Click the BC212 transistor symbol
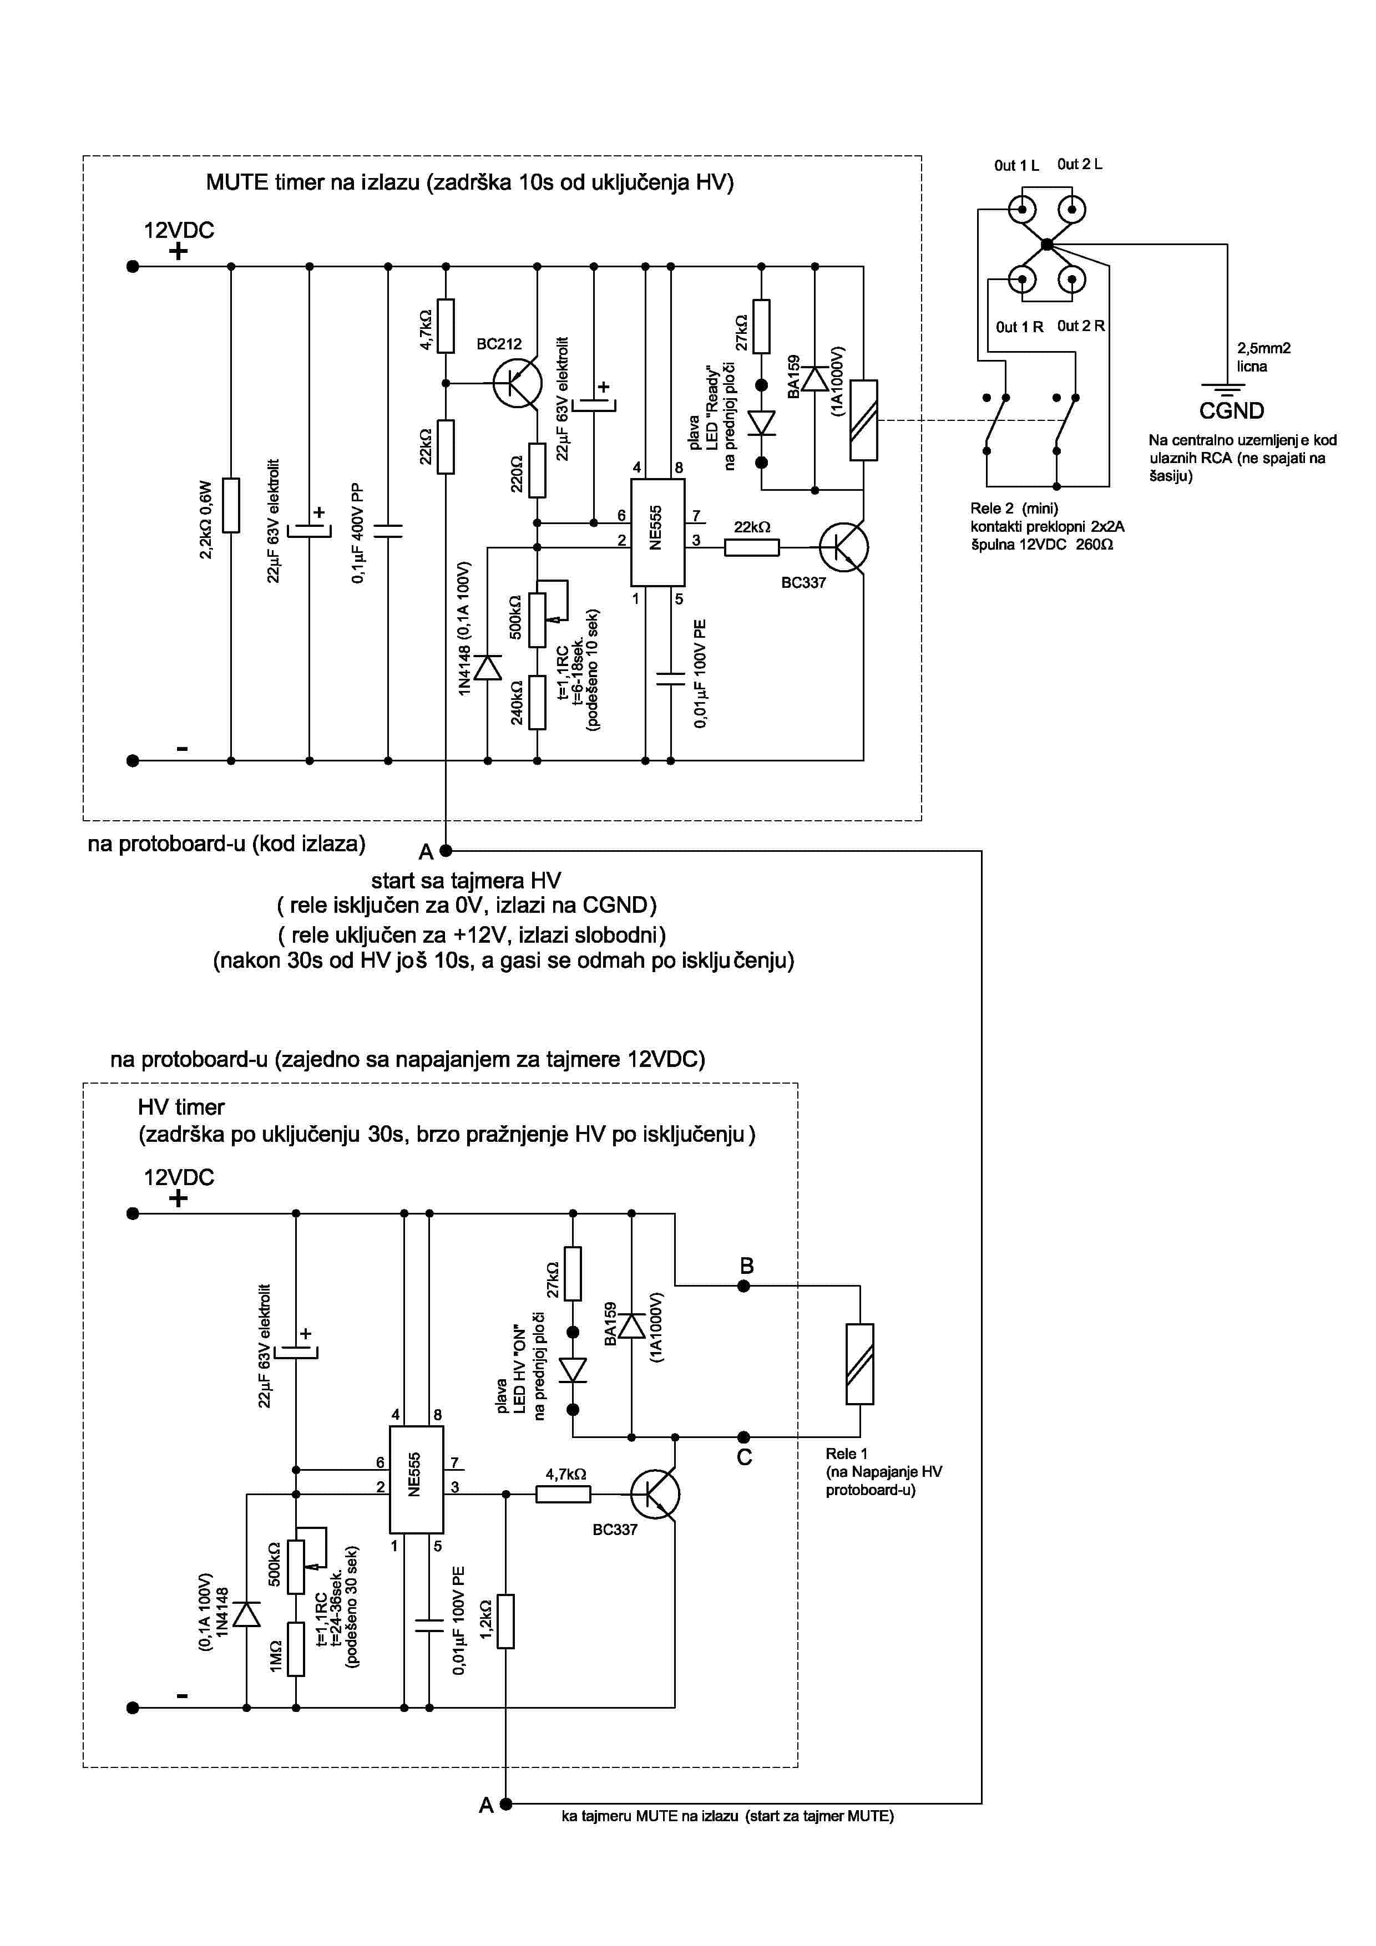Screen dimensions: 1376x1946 (x=517, y=383)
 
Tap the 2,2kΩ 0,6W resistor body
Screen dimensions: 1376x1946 (x=231, y=505)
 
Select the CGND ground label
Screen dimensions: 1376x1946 (x=1231, y=411)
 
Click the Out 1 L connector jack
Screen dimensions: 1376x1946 (x=1023, y=209)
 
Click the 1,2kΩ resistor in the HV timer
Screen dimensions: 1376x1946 (x=505, y=1620)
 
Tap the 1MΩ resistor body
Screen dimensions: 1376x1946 (x=296, y=1649)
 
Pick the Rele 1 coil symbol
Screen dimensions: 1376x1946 (x=859, y=1363)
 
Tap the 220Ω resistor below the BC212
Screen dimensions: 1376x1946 (x=537, y=470)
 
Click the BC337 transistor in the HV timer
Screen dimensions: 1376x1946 (x=655, y=1493)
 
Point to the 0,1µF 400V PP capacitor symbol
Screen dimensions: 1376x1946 (x=388, y=531)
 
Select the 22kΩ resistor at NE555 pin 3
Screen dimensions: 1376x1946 (x=752, y=547)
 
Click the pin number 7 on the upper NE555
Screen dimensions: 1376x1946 (x=696, y=515)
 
